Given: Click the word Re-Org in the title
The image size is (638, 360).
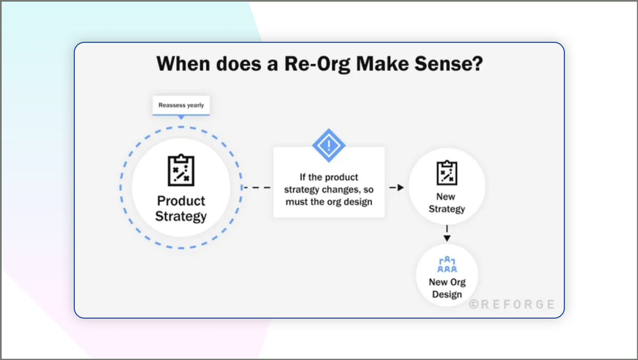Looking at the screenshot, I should tap(317, 64).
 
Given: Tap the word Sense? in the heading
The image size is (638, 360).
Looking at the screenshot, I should tap(449, 64).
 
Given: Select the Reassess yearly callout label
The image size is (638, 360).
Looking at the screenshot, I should tap(181, 105).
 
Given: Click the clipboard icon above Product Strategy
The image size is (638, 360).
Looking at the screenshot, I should tap(181, 170).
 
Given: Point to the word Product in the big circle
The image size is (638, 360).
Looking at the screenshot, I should tap(181, 201).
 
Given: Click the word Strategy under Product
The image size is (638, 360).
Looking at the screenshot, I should tap(181, 216).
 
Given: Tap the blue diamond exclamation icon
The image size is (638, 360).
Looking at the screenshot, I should tap(328, 145).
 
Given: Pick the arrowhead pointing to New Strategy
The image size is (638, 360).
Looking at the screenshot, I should tap(400, 187).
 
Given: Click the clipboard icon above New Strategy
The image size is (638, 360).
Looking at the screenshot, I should tap(447, 173).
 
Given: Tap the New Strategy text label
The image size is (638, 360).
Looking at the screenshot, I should tap(447, 203).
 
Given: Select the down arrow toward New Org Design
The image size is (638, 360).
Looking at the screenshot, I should tap(447, 238).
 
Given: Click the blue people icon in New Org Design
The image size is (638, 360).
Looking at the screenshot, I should tap(447, 264).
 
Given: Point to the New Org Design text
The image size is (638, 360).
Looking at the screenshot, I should tap(447, 288).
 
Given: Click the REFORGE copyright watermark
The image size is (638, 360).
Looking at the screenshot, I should tap(512, 304).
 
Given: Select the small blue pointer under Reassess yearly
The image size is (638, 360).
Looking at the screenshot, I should tap(181, 117).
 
